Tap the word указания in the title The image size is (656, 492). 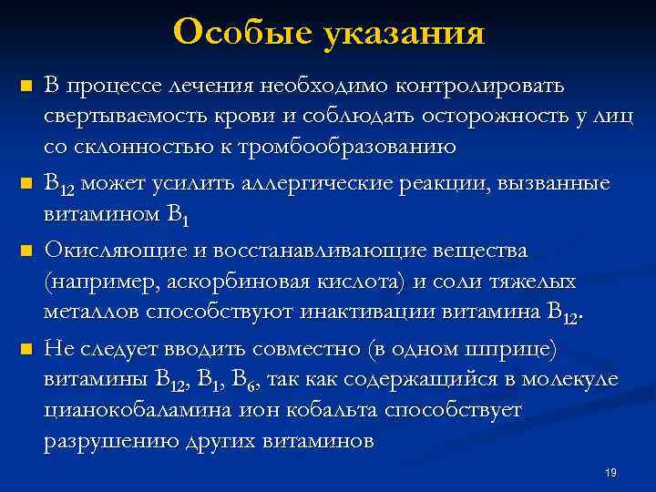(403, 35)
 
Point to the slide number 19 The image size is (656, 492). (610, 473)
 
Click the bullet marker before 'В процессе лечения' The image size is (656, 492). (26, 87)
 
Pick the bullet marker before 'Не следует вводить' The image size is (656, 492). (26, 349)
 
